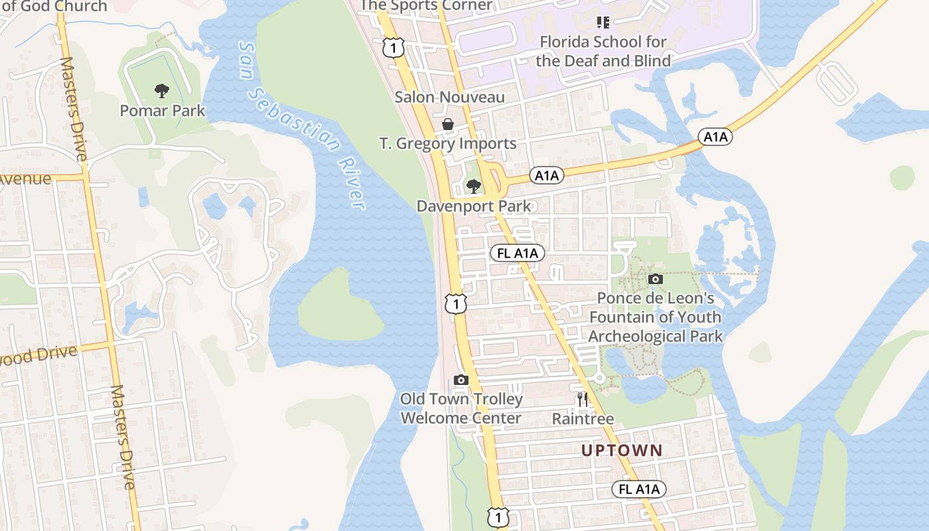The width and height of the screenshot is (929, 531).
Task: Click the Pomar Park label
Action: (x=163, y=110)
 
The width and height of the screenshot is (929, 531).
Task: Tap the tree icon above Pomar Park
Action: (x=161, y=91)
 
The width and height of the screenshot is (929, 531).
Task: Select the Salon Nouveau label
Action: (x=450, y=97)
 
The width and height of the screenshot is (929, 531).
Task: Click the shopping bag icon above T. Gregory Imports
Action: (x=448, y=124)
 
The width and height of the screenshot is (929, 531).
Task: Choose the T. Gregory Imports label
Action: (x=448, y=143)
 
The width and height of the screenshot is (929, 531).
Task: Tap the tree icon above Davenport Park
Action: (x=473, y=186)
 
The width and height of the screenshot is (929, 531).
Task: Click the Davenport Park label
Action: (x=474, y=206)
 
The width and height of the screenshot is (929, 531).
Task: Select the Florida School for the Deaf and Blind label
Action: (x=603, y=52)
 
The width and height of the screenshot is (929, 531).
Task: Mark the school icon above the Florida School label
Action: (x=603, y=23)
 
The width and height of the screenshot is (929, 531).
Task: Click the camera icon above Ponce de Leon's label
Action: (x=655, y=279)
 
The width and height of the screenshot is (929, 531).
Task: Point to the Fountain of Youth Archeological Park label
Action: (x=655, y=317)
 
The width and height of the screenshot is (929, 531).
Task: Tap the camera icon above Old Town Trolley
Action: (x=461, y=380)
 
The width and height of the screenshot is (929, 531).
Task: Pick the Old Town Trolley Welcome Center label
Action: (x=461, y=409)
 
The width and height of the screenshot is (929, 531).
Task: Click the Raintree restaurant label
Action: (x=583, y=419)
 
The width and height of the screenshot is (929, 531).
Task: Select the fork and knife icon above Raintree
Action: (x=583, y=399)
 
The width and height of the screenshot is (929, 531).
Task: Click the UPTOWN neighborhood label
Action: (x=622, y=450)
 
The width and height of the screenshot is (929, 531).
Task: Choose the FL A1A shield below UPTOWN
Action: (x=639, y=489)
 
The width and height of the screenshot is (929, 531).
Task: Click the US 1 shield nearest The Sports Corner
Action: (x=393, y=46)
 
